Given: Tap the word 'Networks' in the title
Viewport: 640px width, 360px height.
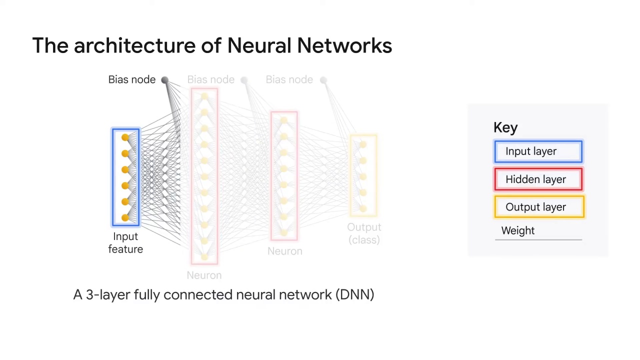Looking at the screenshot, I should (344, 45).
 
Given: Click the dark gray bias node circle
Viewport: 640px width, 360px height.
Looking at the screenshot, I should (164, 80).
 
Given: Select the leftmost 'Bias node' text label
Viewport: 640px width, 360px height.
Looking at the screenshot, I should (131, 80).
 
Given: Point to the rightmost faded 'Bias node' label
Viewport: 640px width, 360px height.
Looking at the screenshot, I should (289, 80).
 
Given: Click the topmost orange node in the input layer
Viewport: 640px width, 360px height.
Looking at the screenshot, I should (125, 137).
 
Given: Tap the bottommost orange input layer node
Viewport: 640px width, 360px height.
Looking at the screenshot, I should (125, 217).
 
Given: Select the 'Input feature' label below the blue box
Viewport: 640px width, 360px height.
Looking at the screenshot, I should (125, 243).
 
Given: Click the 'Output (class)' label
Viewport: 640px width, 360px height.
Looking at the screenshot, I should (364, 233).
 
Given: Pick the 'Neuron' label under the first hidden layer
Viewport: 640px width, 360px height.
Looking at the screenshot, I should (204, 275).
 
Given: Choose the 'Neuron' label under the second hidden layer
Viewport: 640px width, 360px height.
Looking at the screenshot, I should (284, 251).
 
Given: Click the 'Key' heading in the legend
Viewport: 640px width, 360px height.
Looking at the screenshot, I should (505, 127).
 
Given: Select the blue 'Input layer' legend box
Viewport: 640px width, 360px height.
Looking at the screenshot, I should (538, 151).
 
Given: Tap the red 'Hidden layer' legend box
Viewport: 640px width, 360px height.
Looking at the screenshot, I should (538, 179).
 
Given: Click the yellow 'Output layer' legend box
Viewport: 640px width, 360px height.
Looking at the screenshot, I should (538, 207).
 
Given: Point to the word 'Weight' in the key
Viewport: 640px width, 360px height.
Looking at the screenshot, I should (517, 230).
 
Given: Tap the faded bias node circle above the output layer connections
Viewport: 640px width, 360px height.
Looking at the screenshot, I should (323, 80).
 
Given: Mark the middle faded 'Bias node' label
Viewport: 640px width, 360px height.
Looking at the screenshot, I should (210, 80).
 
